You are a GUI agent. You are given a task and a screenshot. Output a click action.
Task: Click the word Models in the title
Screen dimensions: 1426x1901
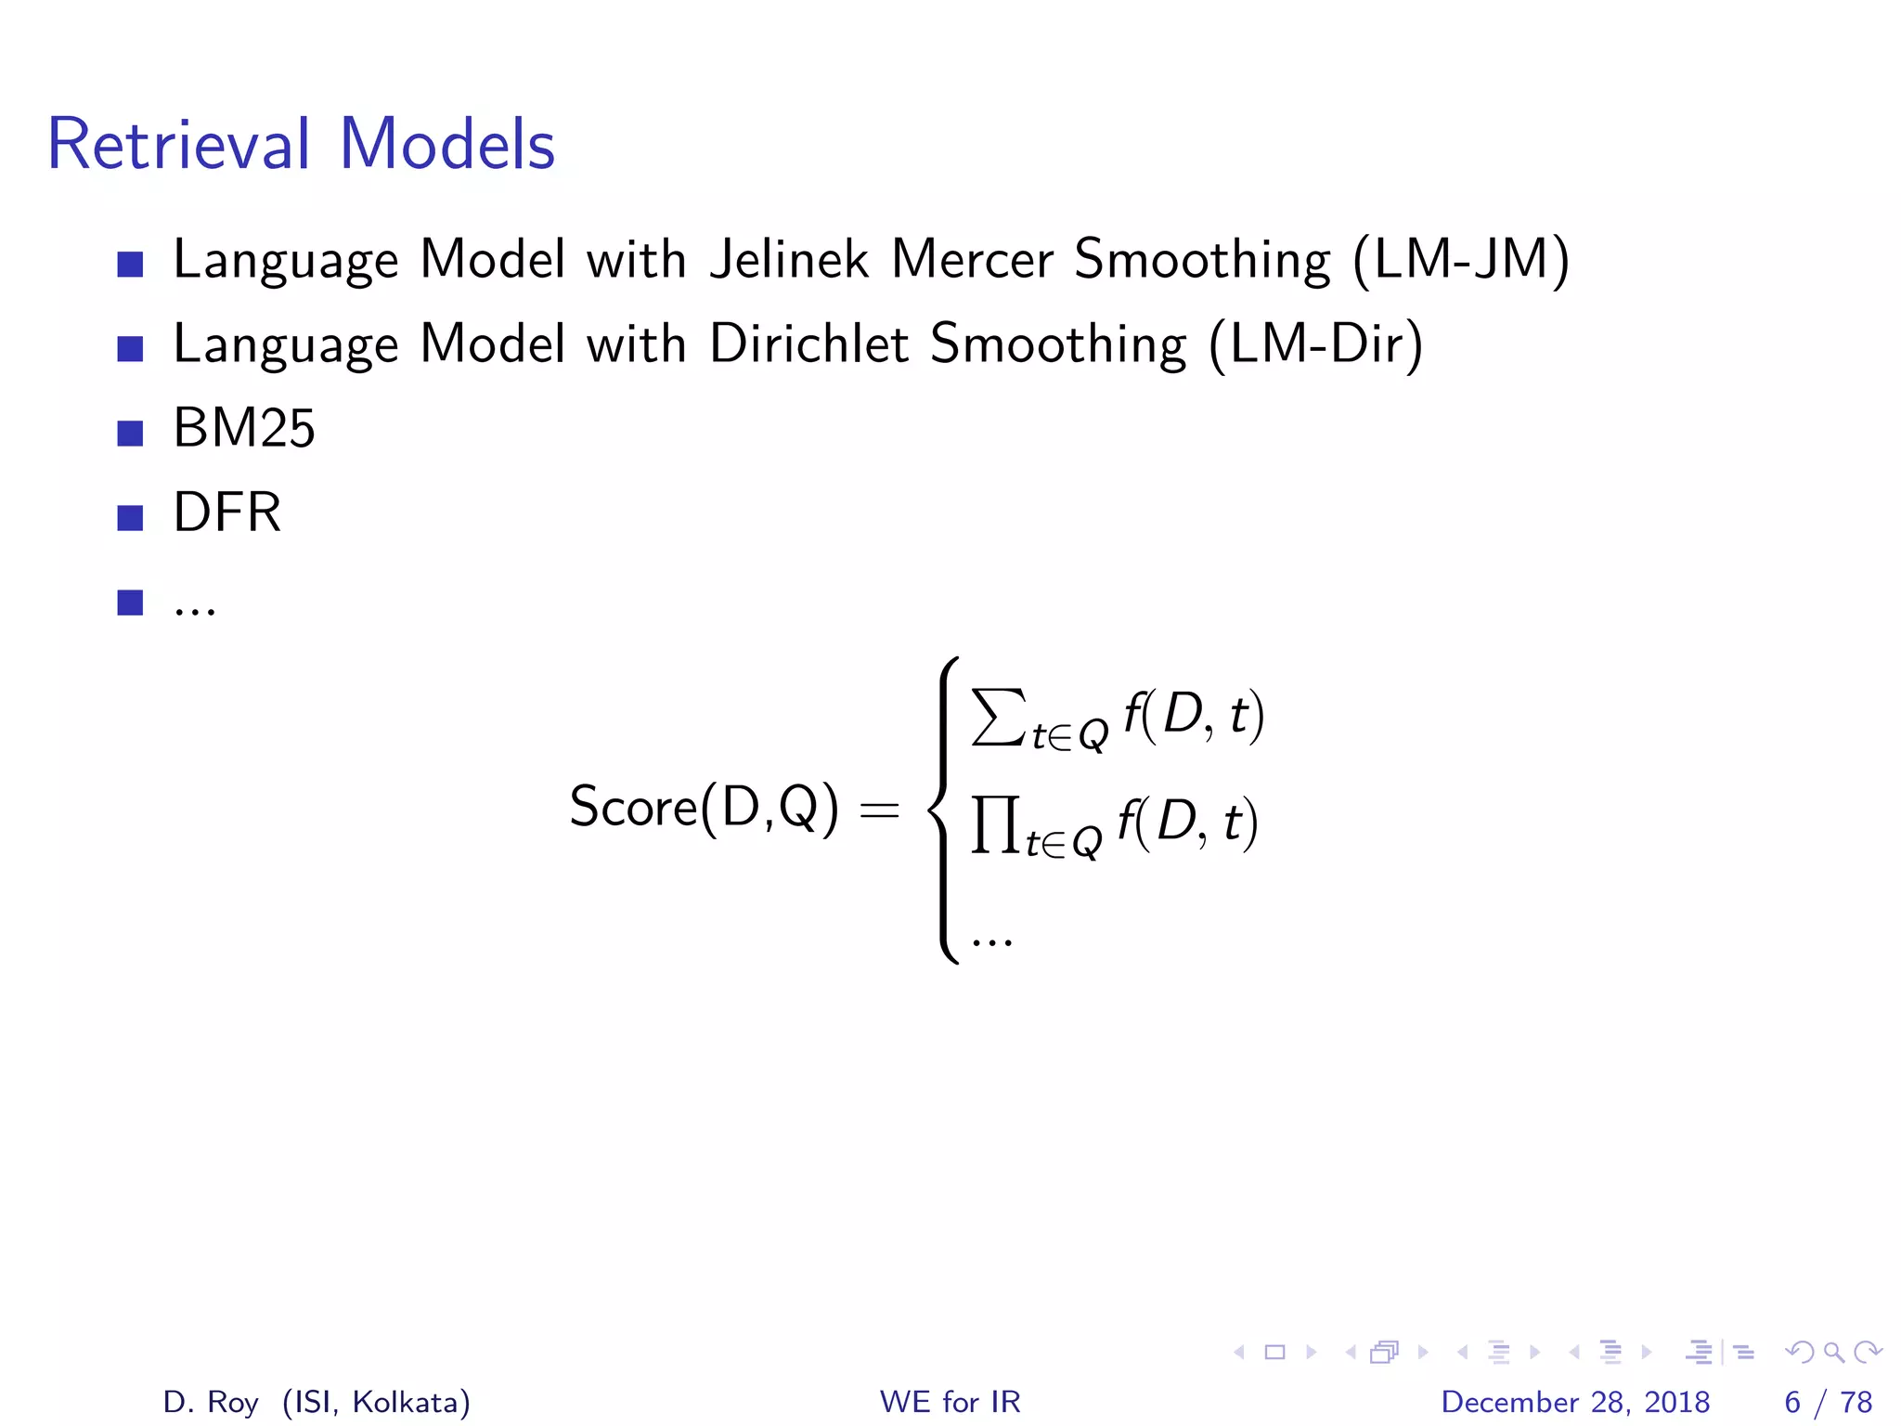447,145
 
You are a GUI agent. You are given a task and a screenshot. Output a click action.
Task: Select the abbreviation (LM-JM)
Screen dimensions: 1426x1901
1461,259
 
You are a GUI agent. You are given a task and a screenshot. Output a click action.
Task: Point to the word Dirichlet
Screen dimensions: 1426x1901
808,344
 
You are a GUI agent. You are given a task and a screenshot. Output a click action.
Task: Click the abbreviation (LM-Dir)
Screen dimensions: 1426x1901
1315,344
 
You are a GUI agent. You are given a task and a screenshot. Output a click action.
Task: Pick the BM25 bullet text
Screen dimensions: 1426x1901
244,428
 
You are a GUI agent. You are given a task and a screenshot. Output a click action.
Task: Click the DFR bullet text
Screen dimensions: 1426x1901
227,512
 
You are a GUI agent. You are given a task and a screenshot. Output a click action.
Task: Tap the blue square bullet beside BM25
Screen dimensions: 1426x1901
130,433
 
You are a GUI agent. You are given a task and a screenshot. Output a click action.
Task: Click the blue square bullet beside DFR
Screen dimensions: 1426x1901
130,517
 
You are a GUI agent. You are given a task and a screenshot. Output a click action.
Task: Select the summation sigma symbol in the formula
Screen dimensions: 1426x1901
999,717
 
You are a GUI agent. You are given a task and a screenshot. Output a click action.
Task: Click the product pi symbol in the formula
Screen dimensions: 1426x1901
995,823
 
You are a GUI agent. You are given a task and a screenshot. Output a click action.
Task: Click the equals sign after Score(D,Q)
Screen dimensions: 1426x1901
879,810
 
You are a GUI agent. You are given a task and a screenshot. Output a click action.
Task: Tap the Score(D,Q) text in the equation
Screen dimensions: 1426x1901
704,807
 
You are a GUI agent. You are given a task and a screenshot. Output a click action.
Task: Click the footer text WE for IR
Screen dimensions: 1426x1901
950,1402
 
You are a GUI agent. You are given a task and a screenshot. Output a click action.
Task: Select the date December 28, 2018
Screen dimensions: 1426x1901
1575,1402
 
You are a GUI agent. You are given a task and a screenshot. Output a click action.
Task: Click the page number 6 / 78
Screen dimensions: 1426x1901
1828,1402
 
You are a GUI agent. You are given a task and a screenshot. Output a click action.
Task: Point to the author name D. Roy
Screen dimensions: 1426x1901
210,1402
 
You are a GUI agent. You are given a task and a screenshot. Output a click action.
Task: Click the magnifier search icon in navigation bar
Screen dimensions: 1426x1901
1833,1352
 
